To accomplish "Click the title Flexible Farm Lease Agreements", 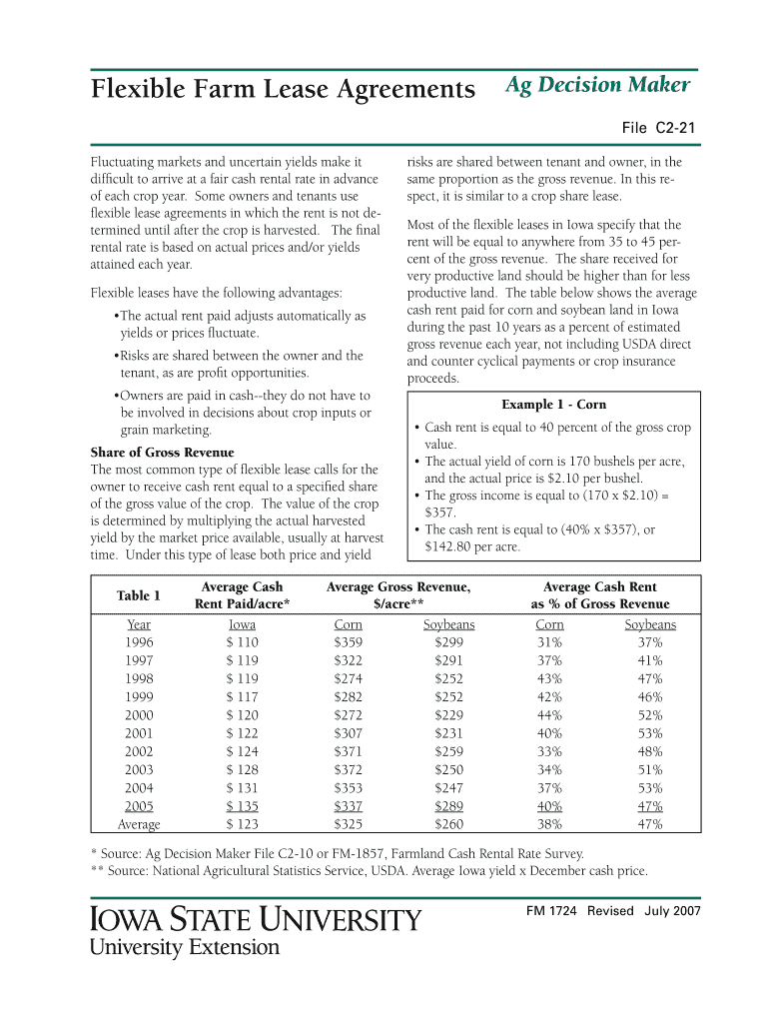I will [x=283, y=90].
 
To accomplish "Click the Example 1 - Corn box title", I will [x=553, y=405].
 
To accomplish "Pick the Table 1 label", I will [x=138, y=596].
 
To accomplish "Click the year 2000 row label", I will [x=139, y=715].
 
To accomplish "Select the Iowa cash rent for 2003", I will [x=242, y=770].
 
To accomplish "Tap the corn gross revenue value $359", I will [x=348, y=643].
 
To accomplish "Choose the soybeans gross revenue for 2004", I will [x=449, y=788].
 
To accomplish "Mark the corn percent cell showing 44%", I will [x=549, y=715].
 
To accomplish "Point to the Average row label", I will [x=139, y=825].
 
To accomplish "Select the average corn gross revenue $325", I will [x=348, y=825].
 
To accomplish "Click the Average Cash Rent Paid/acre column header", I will [x=242, y=595].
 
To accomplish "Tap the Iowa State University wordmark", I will [x=256, y=918].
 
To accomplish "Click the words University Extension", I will [x=185, y=947].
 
